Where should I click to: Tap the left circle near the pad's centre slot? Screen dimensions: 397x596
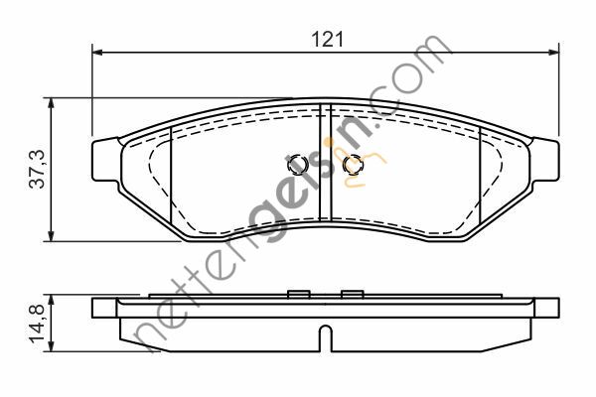pos(296,164)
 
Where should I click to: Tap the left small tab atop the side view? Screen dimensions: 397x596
pos(295,293)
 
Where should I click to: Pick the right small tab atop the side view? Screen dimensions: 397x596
pos(350,293)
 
